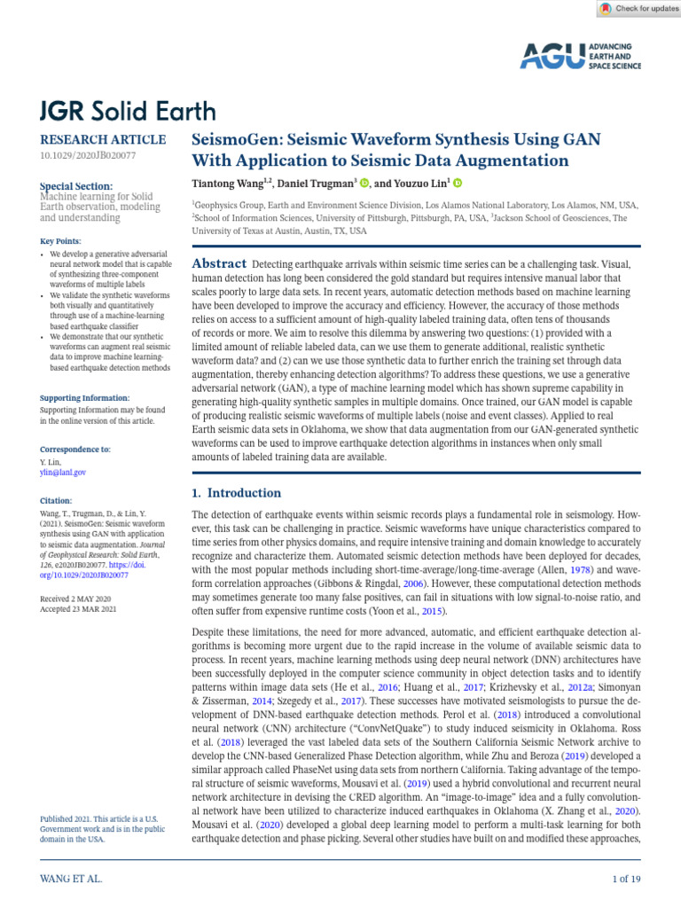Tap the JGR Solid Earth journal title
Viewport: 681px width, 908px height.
(x=128, y=111)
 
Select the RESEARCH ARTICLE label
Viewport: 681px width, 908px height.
(x=103, y=139)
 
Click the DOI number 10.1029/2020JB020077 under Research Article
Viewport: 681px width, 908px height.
(x=88, y=155)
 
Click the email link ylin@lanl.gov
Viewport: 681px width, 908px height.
(x=63, y=473)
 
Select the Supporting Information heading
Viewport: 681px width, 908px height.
(x=85, y=398)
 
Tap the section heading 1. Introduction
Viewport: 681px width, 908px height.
(x=237, y=493)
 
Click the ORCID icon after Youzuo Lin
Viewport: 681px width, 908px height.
(x=458, y=184)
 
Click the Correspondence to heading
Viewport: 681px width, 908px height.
(x=75, y=450)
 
